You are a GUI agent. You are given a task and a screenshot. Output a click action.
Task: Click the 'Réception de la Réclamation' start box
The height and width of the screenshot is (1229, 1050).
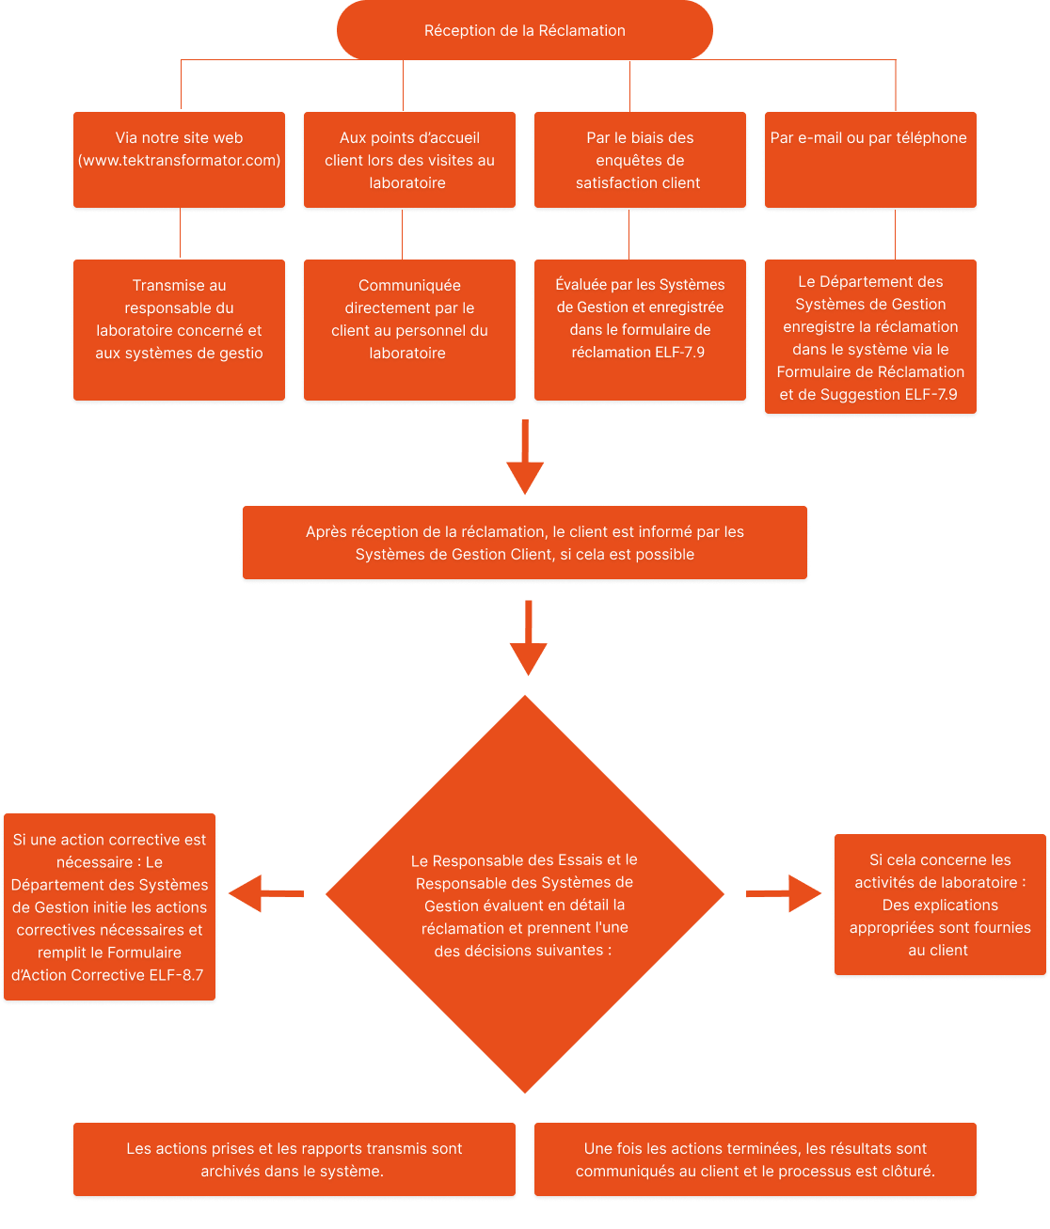point(524,30)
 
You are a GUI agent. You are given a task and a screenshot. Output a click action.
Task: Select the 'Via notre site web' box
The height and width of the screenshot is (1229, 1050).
point(179,159)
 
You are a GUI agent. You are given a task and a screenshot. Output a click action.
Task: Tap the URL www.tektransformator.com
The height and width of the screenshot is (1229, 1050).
point(179,160)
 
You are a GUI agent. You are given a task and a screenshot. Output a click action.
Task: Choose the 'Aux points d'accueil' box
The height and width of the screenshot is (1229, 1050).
point(409,159)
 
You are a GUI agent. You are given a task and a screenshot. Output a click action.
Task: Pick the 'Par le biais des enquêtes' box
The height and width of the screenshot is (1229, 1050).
point(640,159)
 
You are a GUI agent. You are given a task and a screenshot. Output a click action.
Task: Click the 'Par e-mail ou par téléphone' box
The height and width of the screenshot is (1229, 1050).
point(869,159)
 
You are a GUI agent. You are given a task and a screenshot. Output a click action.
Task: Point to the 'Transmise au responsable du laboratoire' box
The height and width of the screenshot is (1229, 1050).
point(179,329)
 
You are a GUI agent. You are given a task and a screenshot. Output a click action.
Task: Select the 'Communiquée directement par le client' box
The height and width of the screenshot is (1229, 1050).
point(409,329)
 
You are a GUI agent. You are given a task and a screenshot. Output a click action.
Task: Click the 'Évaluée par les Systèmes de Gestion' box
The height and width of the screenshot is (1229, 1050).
point(640,329)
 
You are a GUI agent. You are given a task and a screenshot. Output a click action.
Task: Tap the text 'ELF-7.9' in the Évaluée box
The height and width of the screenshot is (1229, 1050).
point(679,352)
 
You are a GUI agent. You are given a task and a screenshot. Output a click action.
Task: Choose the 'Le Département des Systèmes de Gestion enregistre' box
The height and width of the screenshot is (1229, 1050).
point(869,336)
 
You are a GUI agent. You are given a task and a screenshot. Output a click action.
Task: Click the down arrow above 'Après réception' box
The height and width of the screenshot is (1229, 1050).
point(525,457)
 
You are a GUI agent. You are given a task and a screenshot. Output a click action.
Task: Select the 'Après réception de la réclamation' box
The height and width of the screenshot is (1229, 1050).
point(524,543)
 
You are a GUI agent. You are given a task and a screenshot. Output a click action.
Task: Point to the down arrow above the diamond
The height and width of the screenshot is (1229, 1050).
point(528,638)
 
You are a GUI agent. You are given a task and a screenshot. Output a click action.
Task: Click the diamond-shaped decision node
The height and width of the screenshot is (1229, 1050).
point(524,893)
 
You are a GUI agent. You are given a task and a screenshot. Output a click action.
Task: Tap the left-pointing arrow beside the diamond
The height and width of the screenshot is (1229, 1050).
point(266,893)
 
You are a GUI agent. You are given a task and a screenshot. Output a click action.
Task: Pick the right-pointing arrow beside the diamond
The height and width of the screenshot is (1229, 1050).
point(783,893)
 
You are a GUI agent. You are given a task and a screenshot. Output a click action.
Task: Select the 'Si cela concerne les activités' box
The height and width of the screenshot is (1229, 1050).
point(939,904)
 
